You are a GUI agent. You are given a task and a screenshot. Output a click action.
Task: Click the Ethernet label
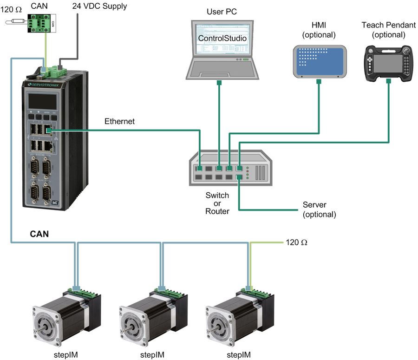point(119,122)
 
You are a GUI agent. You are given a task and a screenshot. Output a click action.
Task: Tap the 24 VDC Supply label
point(99,7)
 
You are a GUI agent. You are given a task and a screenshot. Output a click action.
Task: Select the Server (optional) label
point(319,209)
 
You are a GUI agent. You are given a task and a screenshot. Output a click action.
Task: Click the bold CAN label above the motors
point(40,234)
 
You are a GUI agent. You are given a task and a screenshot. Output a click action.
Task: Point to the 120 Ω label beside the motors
point(297,242)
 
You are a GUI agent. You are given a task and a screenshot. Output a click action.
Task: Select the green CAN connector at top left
point(40,22)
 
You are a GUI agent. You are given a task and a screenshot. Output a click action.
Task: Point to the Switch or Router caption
point(217,203)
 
